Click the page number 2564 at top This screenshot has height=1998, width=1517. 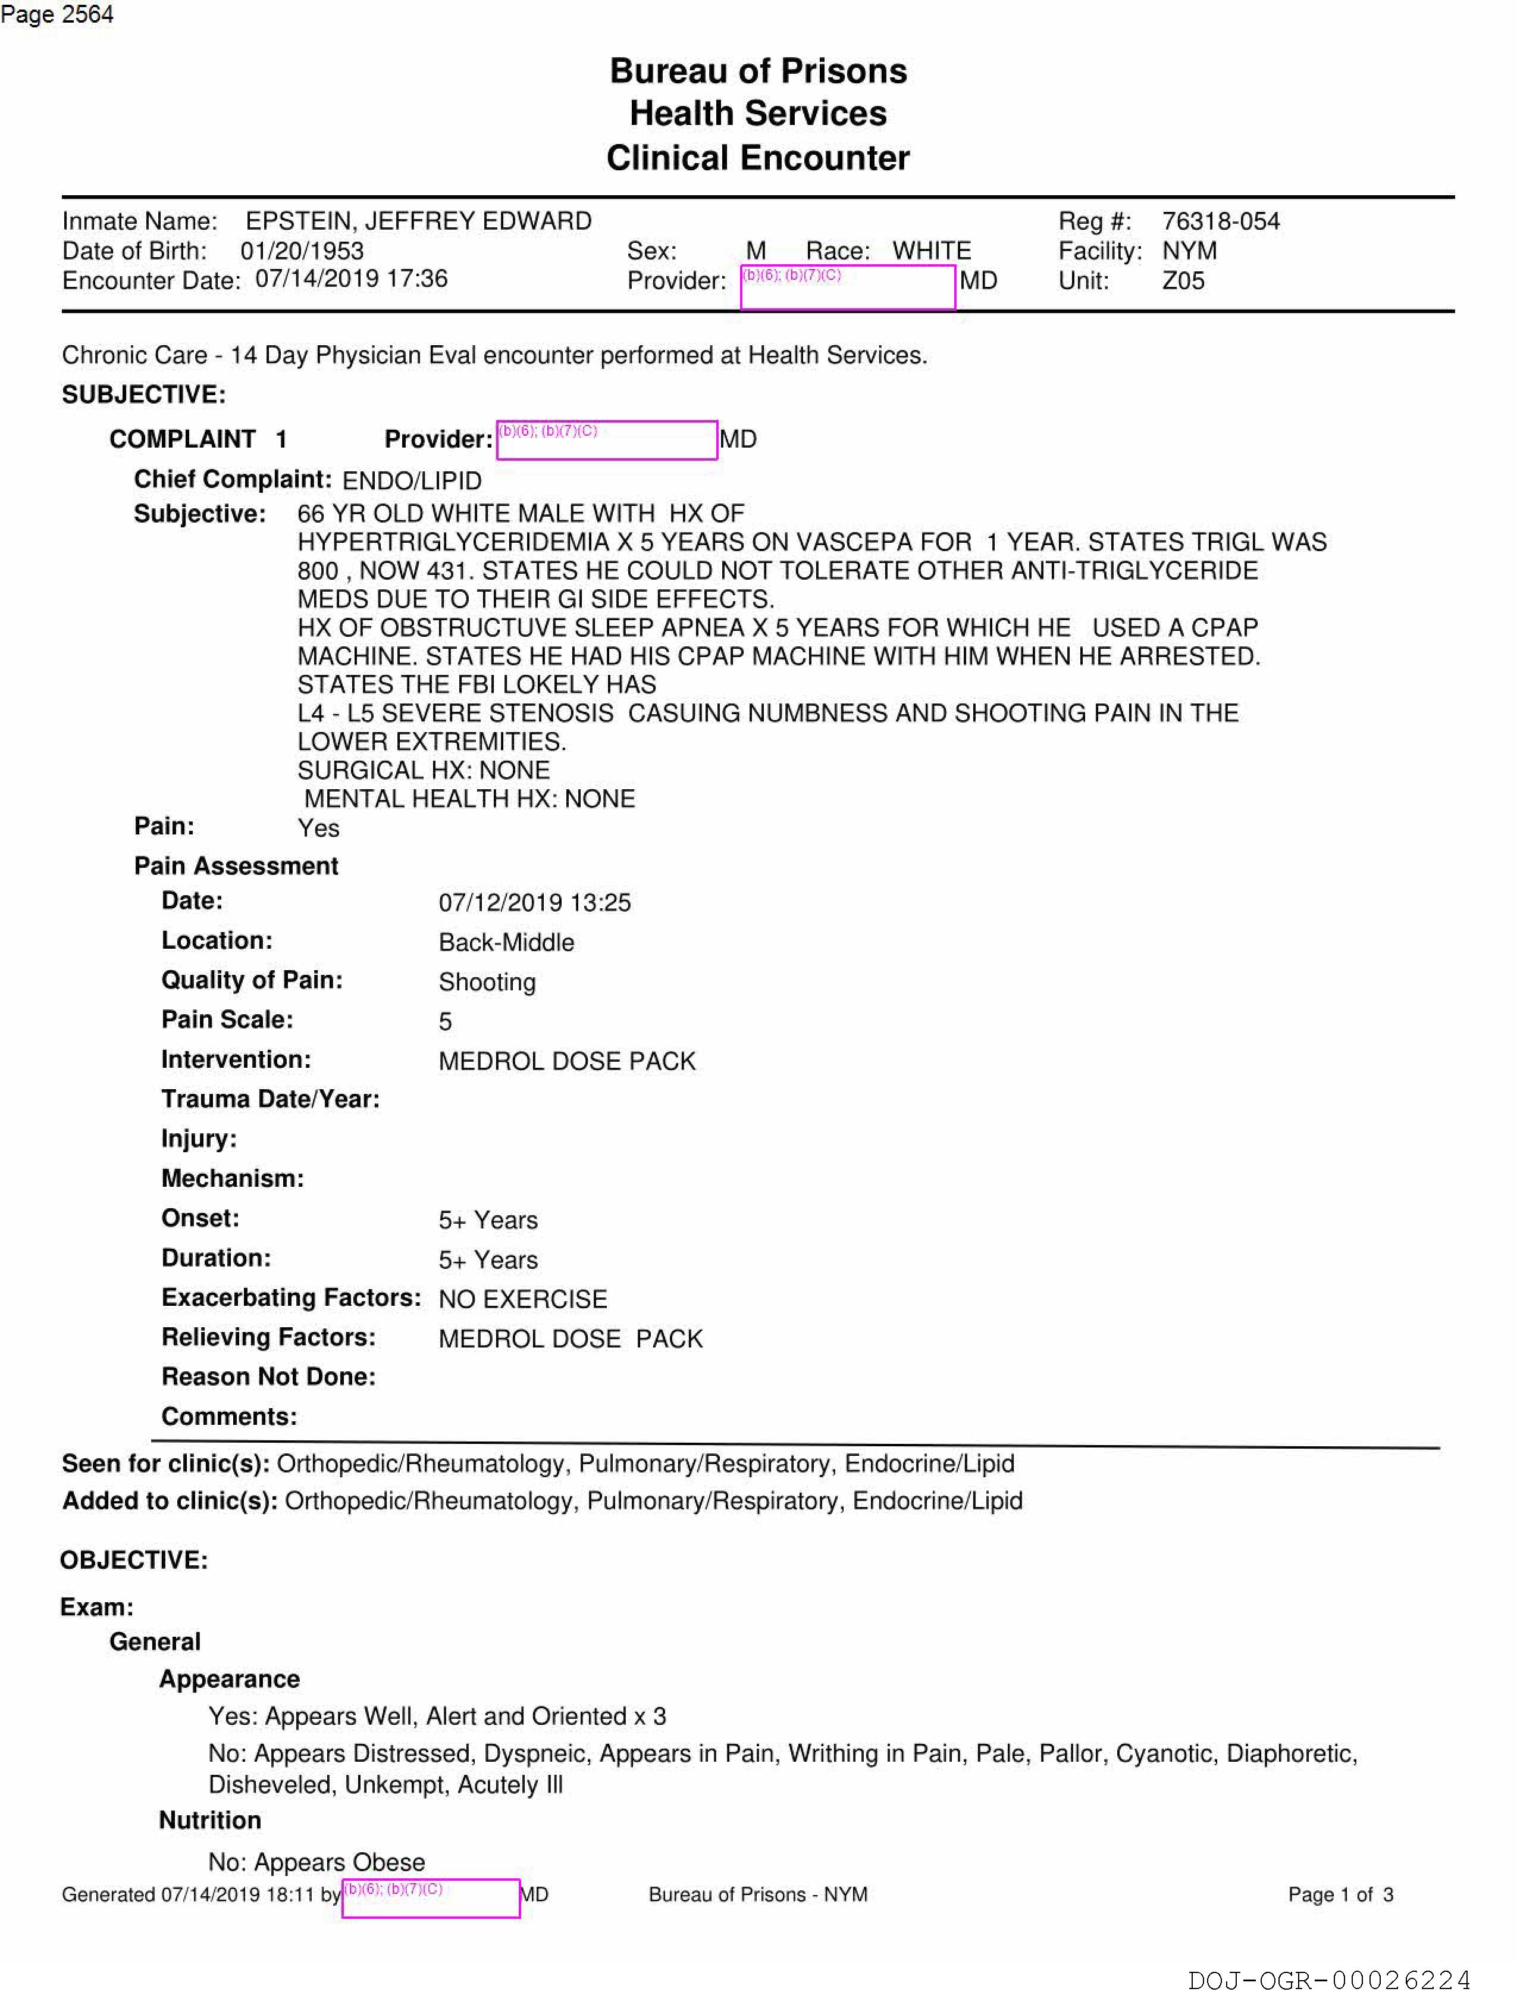pos(87,14)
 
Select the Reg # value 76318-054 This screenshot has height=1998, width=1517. pos(1220,221)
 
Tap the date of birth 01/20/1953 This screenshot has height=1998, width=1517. pos(302,251)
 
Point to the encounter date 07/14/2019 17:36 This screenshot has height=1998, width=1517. pos(351,279)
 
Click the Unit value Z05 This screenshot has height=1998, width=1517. pos(1183,281)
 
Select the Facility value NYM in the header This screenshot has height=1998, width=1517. pos(1189,251)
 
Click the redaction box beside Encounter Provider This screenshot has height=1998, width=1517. pos(847,287)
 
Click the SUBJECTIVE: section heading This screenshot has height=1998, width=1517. pos(143,395)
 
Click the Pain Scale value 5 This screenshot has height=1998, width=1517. pos(445,1021)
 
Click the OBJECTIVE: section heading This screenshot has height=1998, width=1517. pos(134,1560)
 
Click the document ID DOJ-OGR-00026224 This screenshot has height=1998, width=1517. pos(1329,1981)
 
